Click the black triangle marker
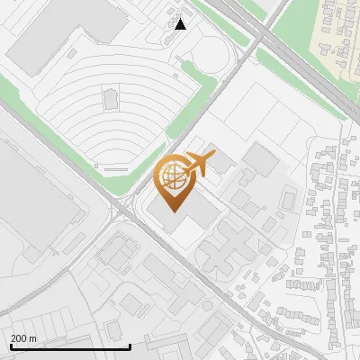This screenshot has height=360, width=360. pos(181,24)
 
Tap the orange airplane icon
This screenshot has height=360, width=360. pos(200,165)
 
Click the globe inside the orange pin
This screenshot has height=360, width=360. pos(172,176)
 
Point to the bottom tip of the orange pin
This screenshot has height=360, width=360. pos(173,211)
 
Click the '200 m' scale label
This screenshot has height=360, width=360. pos(23,337)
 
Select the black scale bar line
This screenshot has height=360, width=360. pos(69,346)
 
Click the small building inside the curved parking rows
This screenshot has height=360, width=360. pos(111,97)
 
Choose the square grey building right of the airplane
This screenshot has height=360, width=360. pos(261,160)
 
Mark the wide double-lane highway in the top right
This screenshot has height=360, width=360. pos(297,67)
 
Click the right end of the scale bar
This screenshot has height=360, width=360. pos(130,346)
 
